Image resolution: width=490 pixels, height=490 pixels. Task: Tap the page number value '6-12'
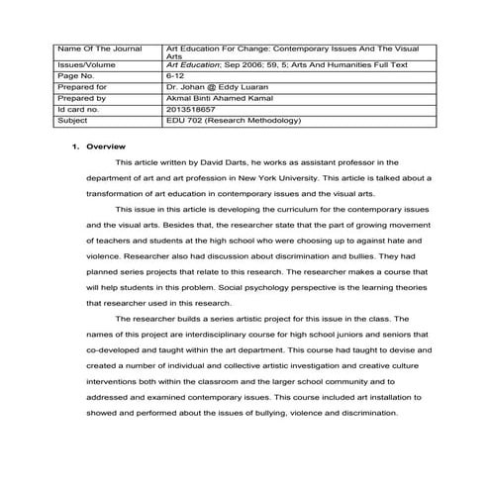177,74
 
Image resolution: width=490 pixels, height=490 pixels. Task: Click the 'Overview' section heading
104,146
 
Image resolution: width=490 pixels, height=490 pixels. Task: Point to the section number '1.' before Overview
76,146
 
